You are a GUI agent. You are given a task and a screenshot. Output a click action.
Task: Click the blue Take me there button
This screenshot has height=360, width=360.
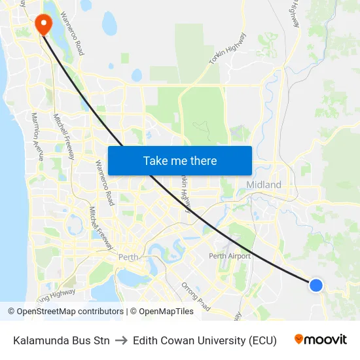coord(179,160)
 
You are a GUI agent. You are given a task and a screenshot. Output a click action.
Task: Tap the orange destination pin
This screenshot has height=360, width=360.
coord(44,24)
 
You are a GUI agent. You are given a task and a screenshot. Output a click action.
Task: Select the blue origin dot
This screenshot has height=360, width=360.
coord(315,285)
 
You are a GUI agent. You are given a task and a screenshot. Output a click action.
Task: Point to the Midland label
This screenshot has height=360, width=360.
coord(264,185)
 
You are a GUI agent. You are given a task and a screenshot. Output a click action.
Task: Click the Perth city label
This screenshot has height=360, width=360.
coord(128,257)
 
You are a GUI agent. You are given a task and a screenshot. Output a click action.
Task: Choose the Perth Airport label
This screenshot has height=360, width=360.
coord(229,256)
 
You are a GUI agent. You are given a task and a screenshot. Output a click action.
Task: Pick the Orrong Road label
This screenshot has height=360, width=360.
coord(196,297)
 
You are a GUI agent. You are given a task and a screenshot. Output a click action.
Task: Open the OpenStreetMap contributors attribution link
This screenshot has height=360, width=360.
coord(67,312)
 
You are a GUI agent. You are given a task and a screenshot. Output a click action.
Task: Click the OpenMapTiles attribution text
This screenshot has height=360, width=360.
coord(164,312)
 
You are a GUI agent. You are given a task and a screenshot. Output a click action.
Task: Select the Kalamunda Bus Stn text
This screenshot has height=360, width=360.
coord(62,340)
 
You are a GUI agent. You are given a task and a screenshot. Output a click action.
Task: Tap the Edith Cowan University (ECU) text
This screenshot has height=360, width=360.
coord(204,340)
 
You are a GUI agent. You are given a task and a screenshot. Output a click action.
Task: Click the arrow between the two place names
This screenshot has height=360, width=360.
coord(121,340)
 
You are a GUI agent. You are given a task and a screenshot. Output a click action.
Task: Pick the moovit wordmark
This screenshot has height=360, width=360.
coord(326,340)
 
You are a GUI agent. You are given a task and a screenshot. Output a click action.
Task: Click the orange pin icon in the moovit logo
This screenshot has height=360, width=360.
coord(299,339)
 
